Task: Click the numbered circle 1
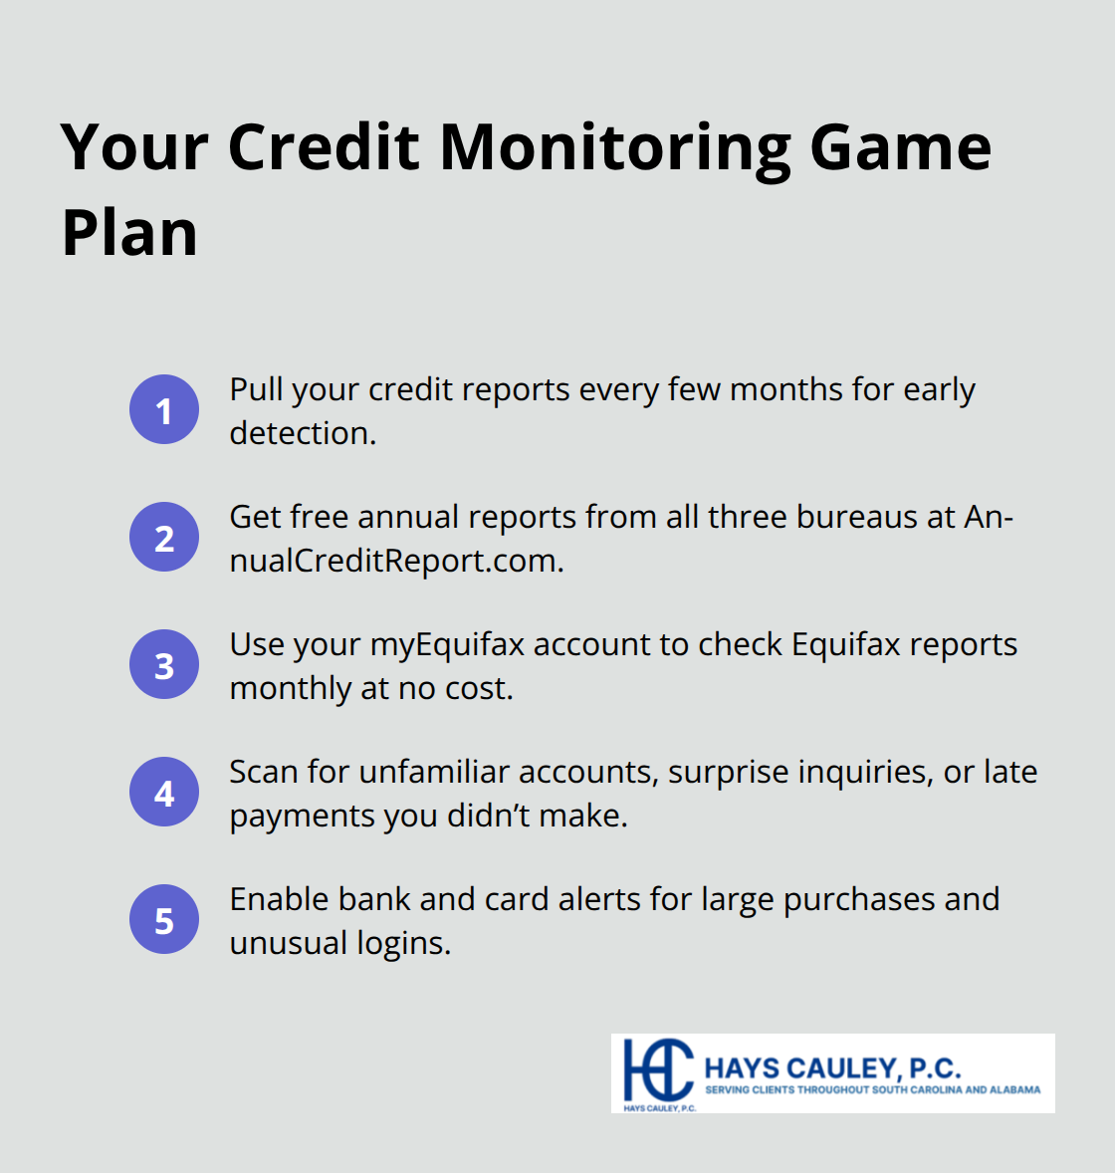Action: [164, 409]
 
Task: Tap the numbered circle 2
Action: [164, 537]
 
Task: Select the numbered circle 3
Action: [164, 664]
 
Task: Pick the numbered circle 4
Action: [164, 792]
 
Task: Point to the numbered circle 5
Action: [164, 919]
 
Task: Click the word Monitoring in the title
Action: [614, 147]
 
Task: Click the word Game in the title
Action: [900, 147]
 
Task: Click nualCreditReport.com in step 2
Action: [396, 561]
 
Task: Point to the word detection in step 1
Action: [301, 433]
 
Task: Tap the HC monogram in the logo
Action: [657, 1070]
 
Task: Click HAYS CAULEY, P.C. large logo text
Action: [832, 1068]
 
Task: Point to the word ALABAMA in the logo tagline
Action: [1015, 1090]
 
